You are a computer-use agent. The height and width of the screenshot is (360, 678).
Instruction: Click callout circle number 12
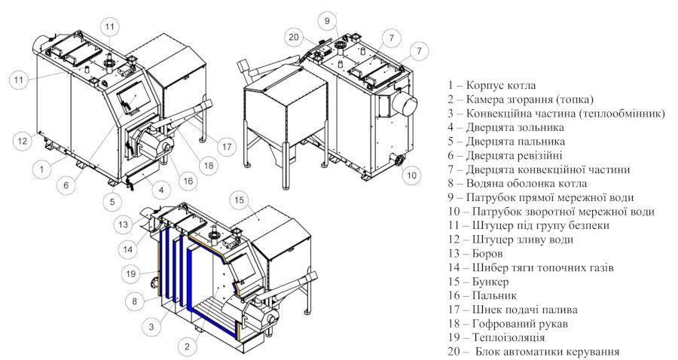click(x=22, y=139)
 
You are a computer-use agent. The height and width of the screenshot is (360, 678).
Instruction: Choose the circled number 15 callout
click(x=240, y=200)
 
